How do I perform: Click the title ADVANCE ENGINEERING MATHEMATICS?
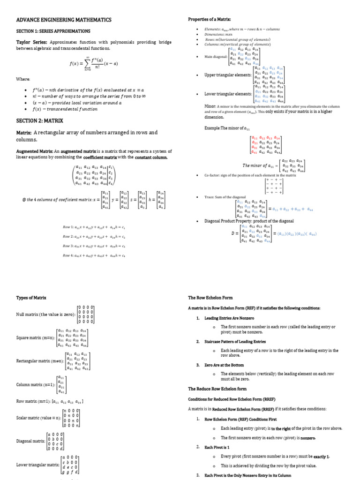(x=64, y=20)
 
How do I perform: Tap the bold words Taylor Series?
(x=32, y=41)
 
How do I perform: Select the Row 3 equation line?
(x=94, y=246)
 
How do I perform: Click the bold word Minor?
(x=210, y=106)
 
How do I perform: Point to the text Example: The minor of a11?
(x=225, y=128)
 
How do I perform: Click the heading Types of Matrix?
(x=31, y=298)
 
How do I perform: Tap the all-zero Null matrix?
(x=86, y=314)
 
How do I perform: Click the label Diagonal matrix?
(x=31, y=441)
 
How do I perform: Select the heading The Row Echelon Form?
(x=210, y=298)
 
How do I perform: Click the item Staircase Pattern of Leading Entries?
(x=235, y=341)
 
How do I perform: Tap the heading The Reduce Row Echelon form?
(x=217, y=389)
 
